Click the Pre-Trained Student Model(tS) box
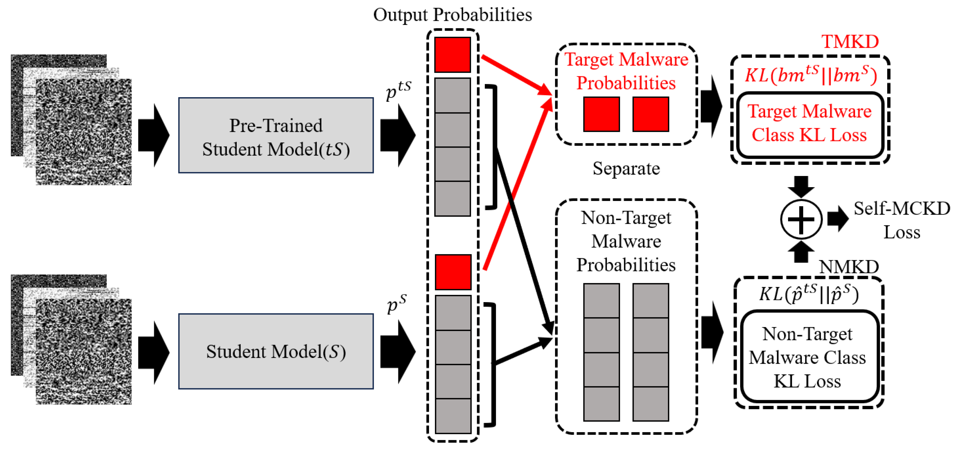point(276,135)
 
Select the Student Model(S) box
point(276,351)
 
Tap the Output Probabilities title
point(452,15)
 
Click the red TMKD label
point(850,42)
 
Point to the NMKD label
point(849,267)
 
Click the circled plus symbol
point(801,219)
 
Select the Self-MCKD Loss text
point(902,220)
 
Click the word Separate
point(626,169)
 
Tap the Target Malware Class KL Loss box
point(810,124)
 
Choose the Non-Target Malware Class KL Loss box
point(808,357)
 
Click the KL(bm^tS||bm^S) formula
point(811,75)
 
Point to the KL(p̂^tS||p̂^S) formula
point(809,294)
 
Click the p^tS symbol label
point(398,89)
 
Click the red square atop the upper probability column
point(452,54)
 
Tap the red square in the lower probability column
point(453,272)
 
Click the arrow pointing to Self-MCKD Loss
point(837,219)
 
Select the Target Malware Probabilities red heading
point(626,71)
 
